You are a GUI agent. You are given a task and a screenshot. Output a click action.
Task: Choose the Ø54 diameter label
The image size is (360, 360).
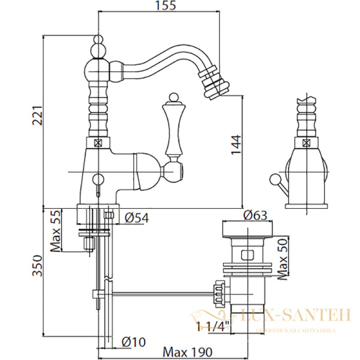click(136, 218)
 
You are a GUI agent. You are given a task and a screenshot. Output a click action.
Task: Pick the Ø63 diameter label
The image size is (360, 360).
click(254, 215)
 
